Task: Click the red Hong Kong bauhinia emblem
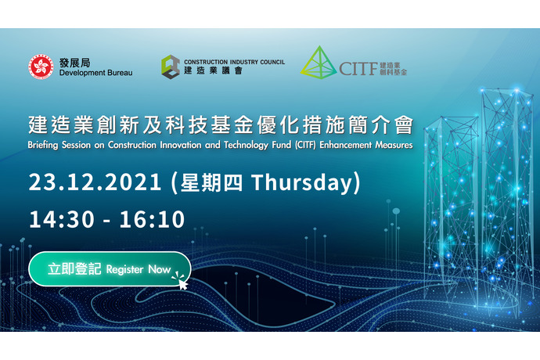coord(41,67)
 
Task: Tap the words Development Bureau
coord(95,73)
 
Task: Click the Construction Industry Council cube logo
coord(171,67)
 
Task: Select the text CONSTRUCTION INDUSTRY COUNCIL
coord(234,62)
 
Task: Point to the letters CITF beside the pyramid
coord(358,69)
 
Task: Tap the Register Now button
coord(110,269)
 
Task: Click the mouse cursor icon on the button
coord(183,284)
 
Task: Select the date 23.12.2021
coord(95,182)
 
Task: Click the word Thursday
coord(302,182)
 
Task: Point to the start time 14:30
coord(62,219)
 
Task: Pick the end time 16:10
coord(152,219)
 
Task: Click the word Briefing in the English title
coord(43,145)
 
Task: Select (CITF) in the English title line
coord(305,145)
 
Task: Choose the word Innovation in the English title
coord(181,145)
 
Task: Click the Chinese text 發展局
coord(74,63)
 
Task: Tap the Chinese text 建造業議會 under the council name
coord(213,70)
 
